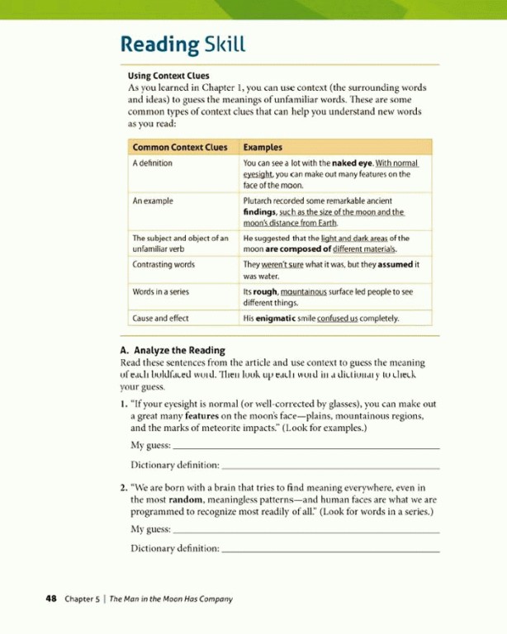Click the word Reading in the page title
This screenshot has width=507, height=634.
[159, 45]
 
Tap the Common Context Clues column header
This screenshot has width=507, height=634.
[179, 147]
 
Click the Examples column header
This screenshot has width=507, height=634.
[263, 147]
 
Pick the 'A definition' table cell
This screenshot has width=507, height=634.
[153, 163]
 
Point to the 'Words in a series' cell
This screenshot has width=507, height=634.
[163, 291]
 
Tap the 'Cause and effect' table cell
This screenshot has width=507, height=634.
[160, 317]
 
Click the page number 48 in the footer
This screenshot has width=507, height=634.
[50, 599]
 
